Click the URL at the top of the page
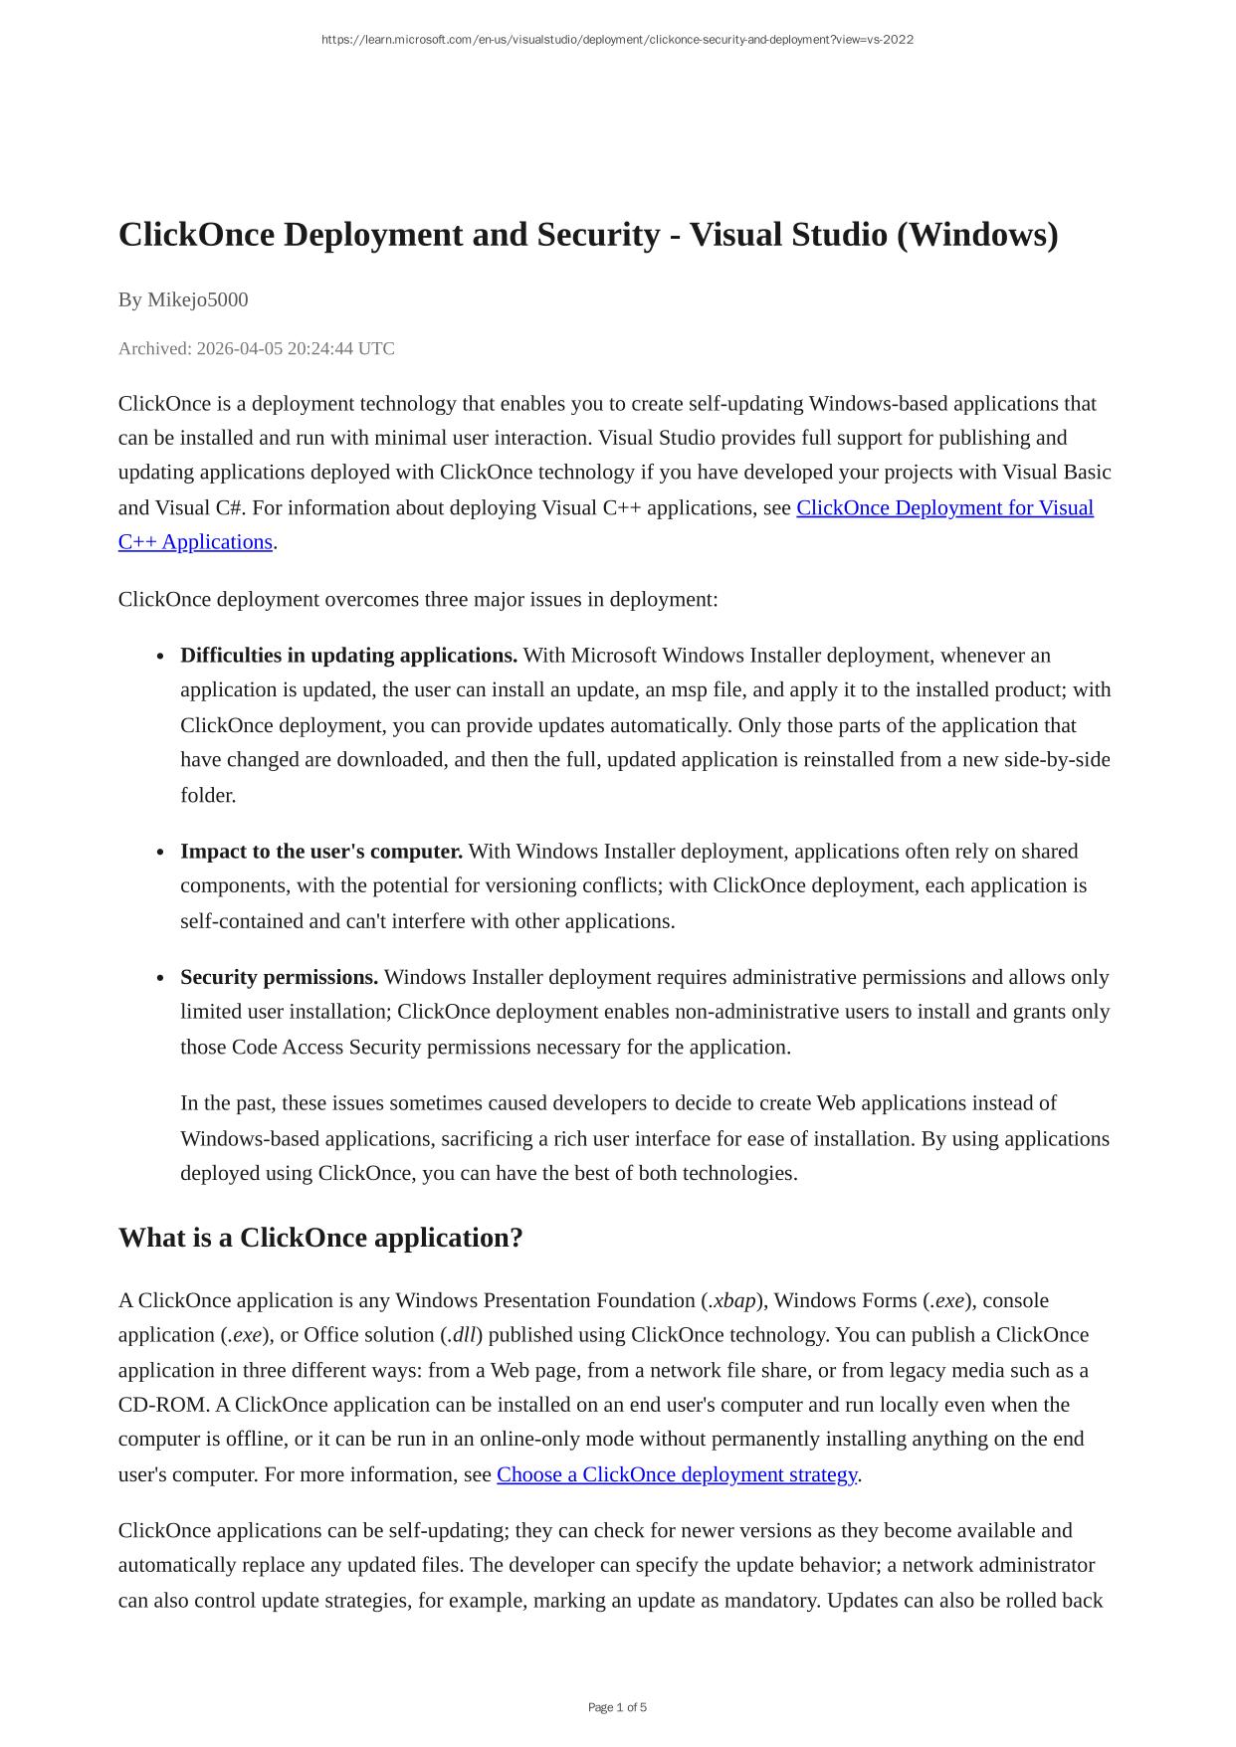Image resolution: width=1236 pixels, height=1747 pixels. click(x=617, y=40)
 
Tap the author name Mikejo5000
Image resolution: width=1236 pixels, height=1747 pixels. click(x=198, y=299)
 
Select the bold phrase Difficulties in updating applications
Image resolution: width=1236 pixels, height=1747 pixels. click(x=348, y=656)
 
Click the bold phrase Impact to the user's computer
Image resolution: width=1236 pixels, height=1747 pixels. click(x=321, y=852)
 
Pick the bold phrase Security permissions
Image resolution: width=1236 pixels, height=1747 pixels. click(x=279, y=978)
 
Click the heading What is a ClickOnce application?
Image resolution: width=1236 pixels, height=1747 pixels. click(x=320, y=1239)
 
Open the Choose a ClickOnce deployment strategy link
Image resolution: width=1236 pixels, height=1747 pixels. click(x=677, y=1475)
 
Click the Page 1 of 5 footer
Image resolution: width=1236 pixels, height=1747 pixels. click(x=617, y=1708)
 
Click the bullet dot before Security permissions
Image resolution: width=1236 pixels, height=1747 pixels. click(x=160, y=979)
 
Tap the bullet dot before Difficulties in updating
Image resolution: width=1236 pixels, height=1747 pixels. click(x=160, y=657)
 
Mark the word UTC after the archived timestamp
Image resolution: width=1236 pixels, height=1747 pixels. click(x=376, y=348)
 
